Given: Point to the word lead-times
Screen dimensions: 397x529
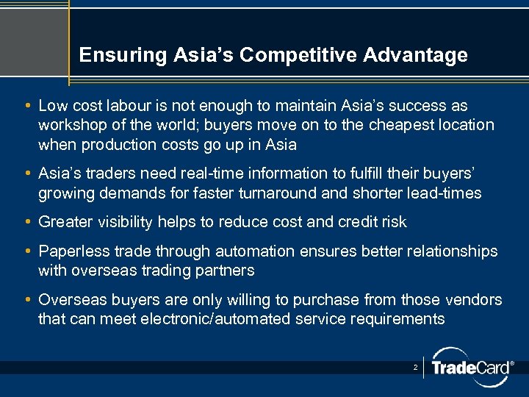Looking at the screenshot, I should pyautogui.click(x=445, y=193).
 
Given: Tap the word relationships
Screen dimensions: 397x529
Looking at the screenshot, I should pyautogui.click(x=449, y=251).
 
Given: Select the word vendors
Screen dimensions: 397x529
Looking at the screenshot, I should pyautogui.click(x=475, y=300).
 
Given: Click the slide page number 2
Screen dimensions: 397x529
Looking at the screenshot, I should pyautogui.click(x=415, y=366).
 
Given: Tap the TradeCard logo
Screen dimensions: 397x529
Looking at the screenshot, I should pyautogui.click(x=471, y=366).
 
